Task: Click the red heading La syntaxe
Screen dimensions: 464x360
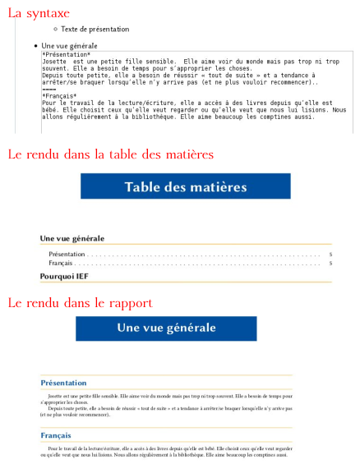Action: coord(39,13)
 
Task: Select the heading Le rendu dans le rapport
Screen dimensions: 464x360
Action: coord(80,303)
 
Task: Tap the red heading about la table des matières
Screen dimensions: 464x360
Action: coord(110,154)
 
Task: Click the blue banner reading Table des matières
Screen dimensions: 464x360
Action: coord(186,187)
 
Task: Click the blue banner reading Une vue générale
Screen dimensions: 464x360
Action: coord(166,328)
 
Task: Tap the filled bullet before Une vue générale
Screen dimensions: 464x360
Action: coord(35,45)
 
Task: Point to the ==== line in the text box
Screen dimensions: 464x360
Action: coord(49,89)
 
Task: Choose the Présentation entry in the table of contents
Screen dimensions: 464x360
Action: coord(67,255)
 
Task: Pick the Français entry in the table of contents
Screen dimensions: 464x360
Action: coord(61,264)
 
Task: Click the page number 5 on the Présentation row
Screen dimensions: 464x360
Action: coord(330,255)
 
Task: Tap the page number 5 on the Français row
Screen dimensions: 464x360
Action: coord(330,264)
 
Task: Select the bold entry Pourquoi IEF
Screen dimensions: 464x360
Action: coord(63,277)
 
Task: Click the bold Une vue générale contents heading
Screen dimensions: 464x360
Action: coord(72,238)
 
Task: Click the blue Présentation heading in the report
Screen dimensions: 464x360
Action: coord(63,383)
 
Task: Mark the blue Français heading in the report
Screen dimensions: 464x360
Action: coord(56,435)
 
